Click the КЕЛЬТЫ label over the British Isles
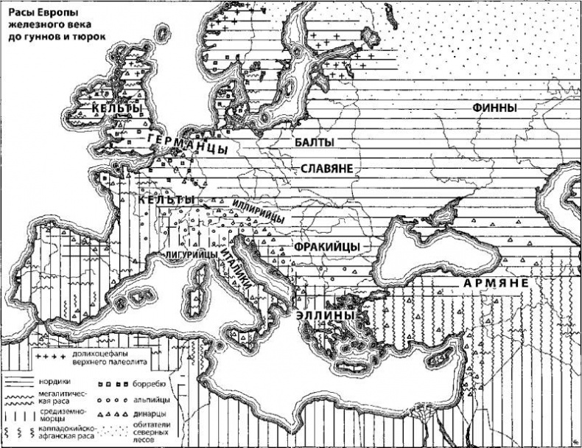click(117, 109)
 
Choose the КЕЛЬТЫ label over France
click(166, 200)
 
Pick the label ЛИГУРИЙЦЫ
click(190, 254)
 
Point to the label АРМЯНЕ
click(495, 283)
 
